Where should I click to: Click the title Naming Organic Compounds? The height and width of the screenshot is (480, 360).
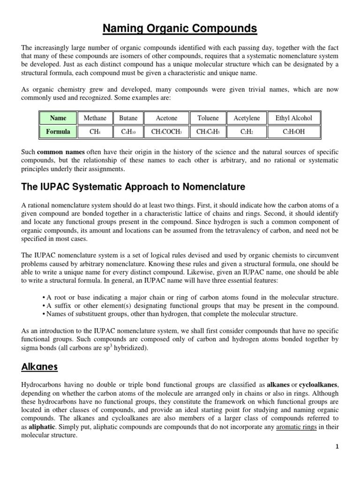tap(180, 29)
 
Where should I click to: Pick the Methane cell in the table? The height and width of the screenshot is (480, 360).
tap(95, 118)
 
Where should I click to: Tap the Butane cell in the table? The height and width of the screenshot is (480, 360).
tap(128, 118)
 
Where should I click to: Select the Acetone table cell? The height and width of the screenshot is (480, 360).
tap(166, 118)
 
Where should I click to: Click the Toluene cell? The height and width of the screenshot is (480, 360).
tap(208, 118)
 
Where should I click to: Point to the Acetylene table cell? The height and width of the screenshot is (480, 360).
tap(247, 118)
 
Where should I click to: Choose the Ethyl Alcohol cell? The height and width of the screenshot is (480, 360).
tap(293, 118)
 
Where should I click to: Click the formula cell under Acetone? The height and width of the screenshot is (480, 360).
tap(166, 132)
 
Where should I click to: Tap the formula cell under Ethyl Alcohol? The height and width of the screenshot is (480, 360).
tap(293, 132)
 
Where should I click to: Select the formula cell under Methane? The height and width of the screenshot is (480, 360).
tap(95, 132)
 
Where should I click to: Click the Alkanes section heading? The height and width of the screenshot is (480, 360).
tap(39, 366)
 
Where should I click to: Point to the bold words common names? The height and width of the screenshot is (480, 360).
tap(57, 152)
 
